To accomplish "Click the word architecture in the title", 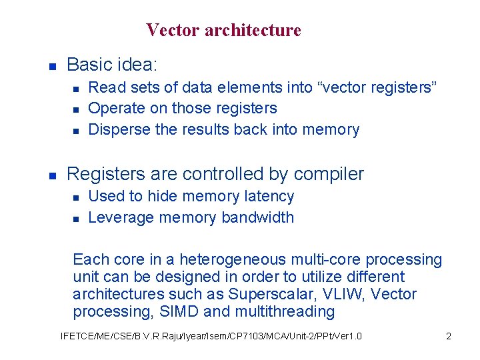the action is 253,31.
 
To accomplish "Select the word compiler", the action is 329,175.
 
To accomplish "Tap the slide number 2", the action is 449,336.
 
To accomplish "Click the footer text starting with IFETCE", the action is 211,336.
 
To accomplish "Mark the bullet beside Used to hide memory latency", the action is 76,197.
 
